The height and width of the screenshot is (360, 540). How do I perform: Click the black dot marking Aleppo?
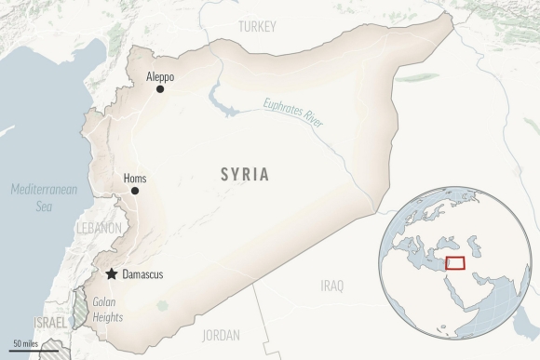click(160, 89)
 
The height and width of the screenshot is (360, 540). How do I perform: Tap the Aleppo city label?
click(160, 76)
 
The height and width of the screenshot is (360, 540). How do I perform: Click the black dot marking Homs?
click(135, 191)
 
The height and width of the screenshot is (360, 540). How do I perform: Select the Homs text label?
click(134, 178)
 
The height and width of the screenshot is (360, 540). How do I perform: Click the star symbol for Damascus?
click(113, 274)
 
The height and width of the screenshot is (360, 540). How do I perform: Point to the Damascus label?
click(142, 274)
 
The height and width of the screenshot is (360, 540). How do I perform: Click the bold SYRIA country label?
click(245, 174)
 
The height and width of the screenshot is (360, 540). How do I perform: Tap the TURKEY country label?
click(257, 27)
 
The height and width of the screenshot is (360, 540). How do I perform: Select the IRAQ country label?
click(331, 285)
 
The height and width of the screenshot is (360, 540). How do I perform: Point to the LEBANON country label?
click(99, 228)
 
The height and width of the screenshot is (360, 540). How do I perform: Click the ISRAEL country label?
click(51, 322)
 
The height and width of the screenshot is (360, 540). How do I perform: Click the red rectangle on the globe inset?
click(455, 263)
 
